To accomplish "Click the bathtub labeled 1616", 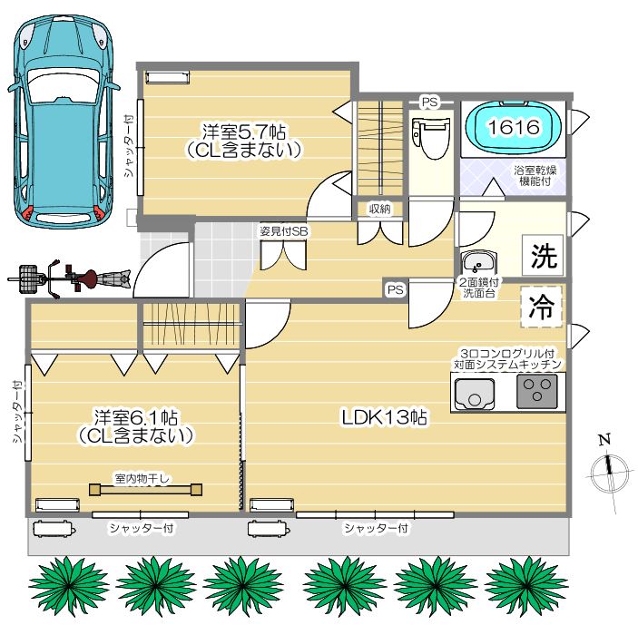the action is pos(514,127).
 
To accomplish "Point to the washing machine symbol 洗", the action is pos(544,255).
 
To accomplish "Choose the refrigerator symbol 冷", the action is pos(541,307).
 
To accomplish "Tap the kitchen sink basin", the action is pos(475,394).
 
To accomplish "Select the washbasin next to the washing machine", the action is pos(478,262).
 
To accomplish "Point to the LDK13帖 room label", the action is pos(384,417).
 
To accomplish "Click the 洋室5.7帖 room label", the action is pos(244,132).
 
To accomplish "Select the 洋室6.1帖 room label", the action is pos(136,417).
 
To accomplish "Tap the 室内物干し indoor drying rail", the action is pos(146,489).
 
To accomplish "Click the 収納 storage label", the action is pos(380,209).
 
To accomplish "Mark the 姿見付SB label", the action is pos(284,231).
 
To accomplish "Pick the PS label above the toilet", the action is pos(429,103).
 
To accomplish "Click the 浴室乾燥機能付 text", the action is pos(535,175).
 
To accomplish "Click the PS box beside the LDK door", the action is pos(396,289).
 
